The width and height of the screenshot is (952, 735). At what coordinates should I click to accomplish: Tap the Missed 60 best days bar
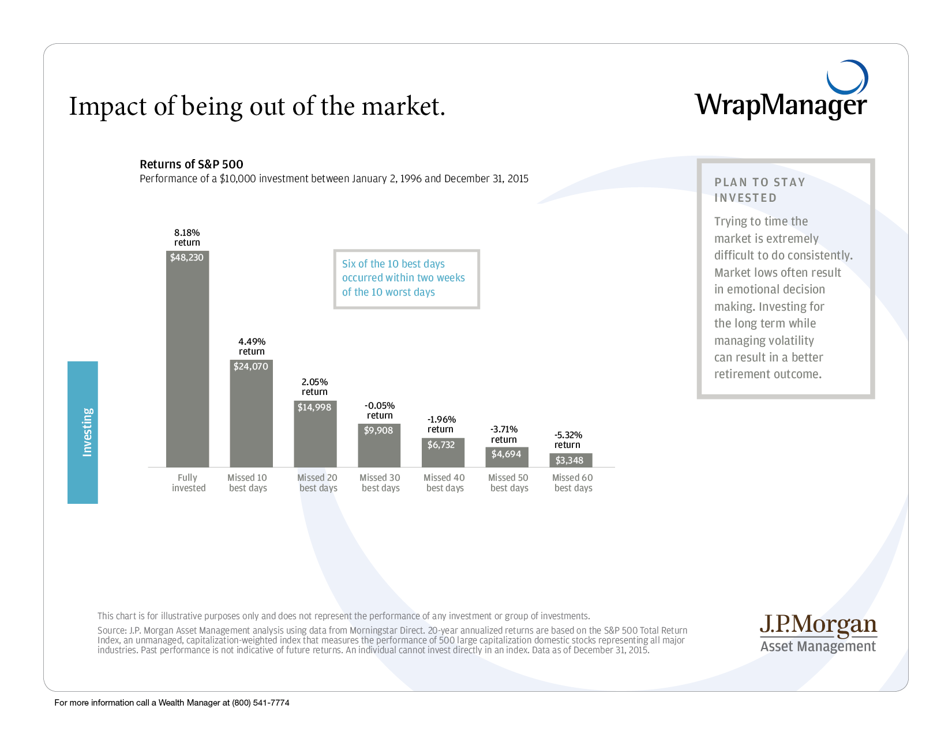[x=571, y=460]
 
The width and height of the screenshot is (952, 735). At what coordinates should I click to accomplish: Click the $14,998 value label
[x=314, y=408]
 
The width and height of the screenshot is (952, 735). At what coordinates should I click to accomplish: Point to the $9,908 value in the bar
[x=378, y=431]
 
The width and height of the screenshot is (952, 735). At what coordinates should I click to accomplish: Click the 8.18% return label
[x=187, y=238]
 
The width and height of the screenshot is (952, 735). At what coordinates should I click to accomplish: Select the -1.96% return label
[x=441, y=424]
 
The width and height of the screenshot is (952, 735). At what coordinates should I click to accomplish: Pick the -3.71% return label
[x=504, y=434]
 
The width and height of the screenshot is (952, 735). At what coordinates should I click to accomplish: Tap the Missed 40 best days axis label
[x=444, y=483]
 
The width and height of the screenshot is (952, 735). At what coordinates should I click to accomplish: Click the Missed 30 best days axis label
[x=380, y=483]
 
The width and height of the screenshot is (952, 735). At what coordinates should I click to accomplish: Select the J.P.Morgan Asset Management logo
[x=818, y=633]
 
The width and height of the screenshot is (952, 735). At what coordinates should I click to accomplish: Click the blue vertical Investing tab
[x=83, y=432]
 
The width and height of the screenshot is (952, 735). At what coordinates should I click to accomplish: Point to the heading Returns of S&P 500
[x=192, y=164]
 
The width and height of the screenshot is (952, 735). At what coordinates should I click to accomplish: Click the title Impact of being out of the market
[x=257, y=107]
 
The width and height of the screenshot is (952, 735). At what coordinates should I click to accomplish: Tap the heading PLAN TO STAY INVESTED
[x=759, y=190]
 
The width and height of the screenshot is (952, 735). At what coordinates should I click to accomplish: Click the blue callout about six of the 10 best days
[x=406, y=278]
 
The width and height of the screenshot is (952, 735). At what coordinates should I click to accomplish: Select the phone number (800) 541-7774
[x=261, y=703]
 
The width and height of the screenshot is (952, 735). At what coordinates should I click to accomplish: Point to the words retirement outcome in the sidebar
[x=767, y=374]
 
